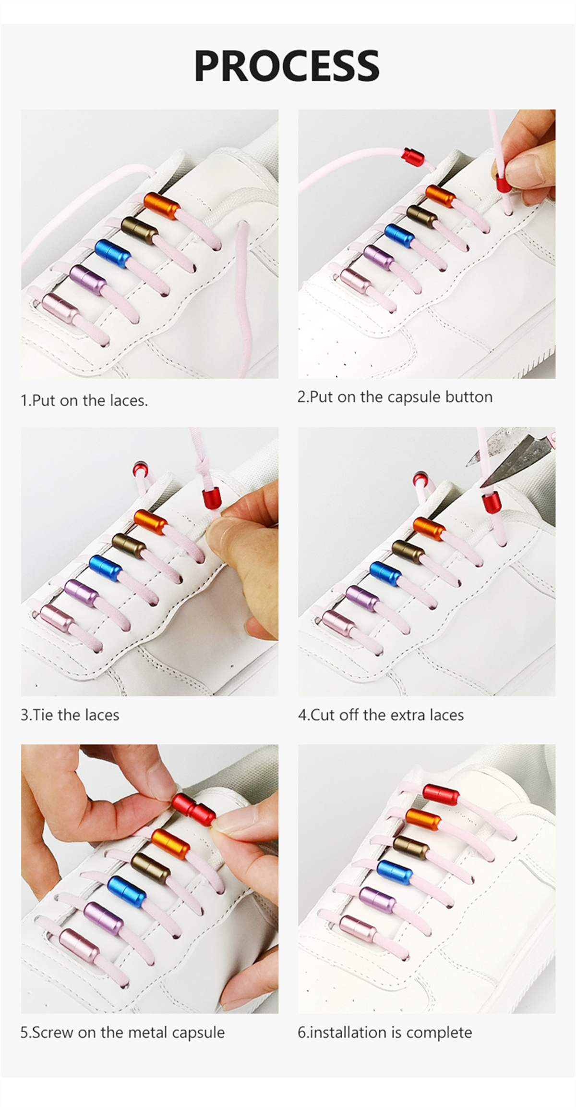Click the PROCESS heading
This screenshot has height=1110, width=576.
click(x=287, y=66)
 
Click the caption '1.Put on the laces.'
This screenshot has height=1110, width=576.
click(x=84, y=400)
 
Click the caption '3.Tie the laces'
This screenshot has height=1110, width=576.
click(x=70, y=715)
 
